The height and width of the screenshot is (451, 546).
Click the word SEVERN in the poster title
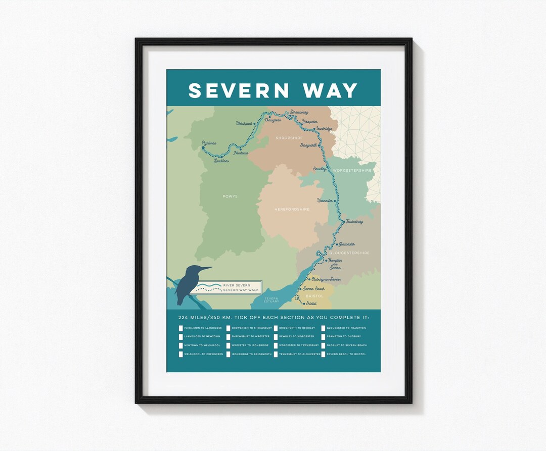239,90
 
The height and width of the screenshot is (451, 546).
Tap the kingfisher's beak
206,268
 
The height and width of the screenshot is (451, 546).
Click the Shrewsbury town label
299,112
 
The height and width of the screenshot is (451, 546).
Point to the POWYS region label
230,196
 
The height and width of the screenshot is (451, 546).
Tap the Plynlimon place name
209,143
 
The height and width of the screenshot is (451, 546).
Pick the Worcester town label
325,201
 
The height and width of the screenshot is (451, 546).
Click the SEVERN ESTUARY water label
271,300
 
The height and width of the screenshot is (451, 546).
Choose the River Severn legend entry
237,285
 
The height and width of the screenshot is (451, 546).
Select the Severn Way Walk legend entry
237,290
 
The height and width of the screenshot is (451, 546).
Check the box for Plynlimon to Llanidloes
181,328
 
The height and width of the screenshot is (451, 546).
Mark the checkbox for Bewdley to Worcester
276,337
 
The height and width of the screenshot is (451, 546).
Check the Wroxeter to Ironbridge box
229,346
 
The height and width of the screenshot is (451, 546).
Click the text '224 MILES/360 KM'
202,317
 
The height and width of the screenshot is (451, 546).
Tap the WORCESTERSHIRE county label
352,171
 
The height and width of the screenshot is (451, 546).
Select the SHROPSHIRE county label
289,138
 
